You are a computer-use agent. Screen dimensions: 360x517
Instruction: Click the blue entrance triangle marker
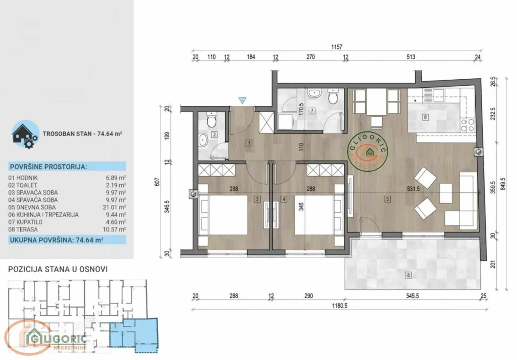(x=243, y=100)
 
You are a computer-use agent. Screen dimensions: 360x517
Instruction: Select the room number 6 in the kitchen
(x=425, y=117)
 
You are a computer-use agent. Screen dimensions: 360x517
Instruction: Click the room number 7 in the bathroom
(x=311, y=111)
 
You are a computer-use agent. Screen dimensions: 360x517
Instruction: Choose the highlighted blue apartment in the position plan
(x=134, y=332)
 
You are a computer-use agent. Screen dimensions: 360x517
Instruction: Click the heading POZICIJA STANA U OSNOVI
(x=58, y=269)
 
